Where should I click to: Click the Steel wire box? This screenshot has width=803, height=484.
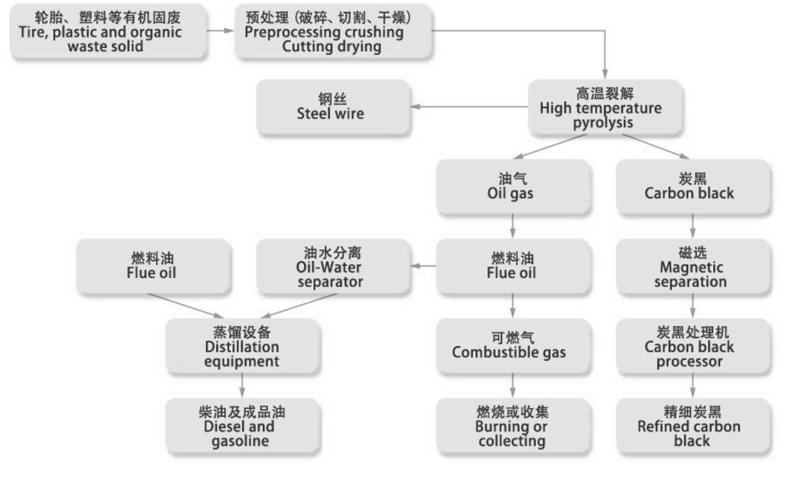333,107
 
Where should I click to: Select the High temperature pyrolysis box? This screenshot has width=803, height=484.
605,107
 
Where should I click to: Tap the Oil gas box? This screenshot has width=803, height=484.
512,186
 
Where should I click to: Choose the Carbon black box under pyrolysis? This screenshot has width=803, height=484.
692,186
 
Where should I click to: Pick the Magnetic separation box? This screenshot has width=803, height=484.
692,266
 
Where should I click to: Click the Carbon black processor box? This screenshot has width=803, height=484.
692,346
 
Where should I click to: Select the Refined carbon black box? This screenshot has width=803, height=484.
692,426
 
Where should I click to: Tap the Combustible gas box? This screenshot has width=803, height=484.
512,346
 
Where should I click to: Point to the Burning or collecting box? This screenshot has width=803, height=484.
512,426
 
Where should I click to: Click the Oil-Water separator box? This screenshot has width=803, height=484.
333,266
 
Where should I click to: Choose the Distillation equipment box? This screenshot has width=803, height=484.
243,346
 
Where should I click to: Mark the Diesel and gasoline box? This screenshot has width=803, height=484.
243,426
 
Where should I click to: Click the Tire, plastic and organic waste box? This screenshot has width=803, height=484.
108,32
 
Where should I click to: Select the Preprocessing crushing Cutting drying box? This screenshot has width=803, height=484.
333,32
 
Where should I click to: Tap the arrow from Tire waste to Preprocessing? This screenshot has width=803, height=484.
220,30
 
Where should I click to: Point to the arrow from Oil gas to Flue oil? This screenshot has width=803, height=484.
512,226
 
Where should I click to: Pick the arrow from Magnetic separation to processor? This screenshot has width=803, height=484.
692,306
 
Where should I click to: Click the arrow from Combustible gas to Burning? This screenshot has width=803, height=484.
512,386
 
